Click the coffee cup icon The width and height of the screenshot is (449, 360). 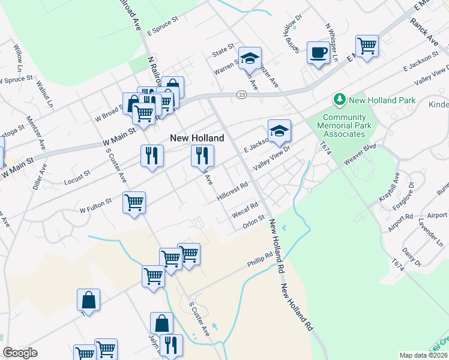pyautogui.click(x=318, y=52)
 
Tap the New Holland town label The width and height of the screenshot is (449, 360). pyautogui.click(x=197, y=138)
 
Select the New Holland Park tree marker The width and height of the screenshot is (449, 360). pyautogui.click(x=340, y=98)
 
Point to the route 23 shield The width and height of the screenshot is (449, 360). pyautogui.click(x=241, y=95)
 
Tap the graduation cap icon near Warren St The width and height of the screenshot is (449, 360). pyautogui.click(x=250, y=58)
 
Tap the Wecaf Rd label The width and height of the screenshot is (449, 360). pyautogui.click(x=245, y=209)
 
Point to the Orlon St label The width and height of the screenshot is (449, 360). pyautogui.click(x=253, y=221)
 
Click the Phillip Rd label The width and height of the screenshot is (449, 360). pyautogui.click(x=260, y=259)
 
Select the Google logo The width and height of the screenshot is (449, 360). pyautogui.click(x=20, y=353)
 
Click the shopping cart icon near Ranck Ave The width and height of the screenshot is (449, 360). pyautogui.click(x=366, y=45)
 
